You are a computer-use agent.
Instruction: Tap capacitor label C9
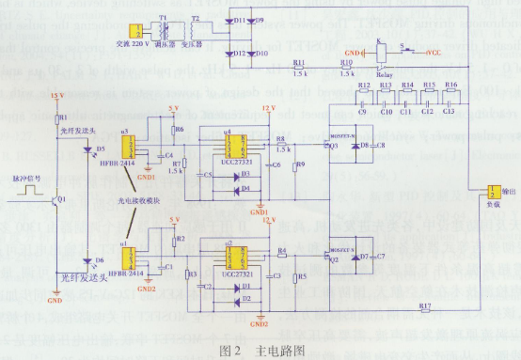362,112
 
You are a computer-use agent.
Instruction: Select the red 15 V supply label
56,97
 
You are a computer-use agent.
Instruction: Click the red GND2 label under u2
259,324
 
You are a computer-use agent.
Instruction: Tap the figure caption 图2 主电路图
260,350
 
